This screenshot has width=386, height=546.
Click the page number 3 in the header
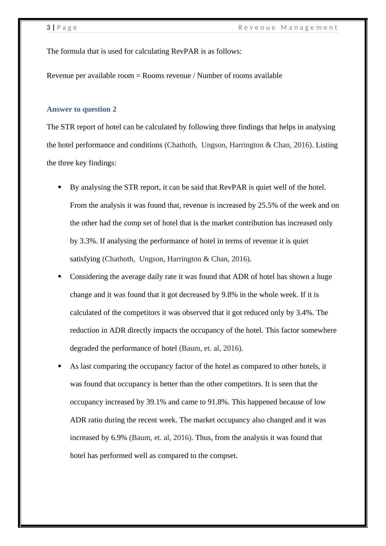coord(49,28)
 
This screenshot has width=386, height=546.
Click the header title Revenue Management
coord(288,28)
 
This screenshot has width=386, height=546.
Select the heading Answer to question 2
coord(82,109)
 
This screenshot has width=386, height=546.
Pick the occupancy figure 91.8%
coord(218,402)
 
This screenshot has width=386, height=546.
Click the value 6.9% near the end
coord(119,438)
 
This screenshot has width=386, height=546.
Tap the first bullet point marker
coord(60,187)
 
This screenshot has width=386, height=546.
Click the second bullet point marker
coord(60,277)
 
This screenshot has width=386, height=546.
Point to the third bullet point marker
coord(60,366)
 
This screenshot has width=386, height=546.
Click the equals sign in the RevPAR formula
coord(138,76)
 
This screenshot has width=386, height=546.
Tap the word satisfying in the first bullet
coord(85,259)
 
